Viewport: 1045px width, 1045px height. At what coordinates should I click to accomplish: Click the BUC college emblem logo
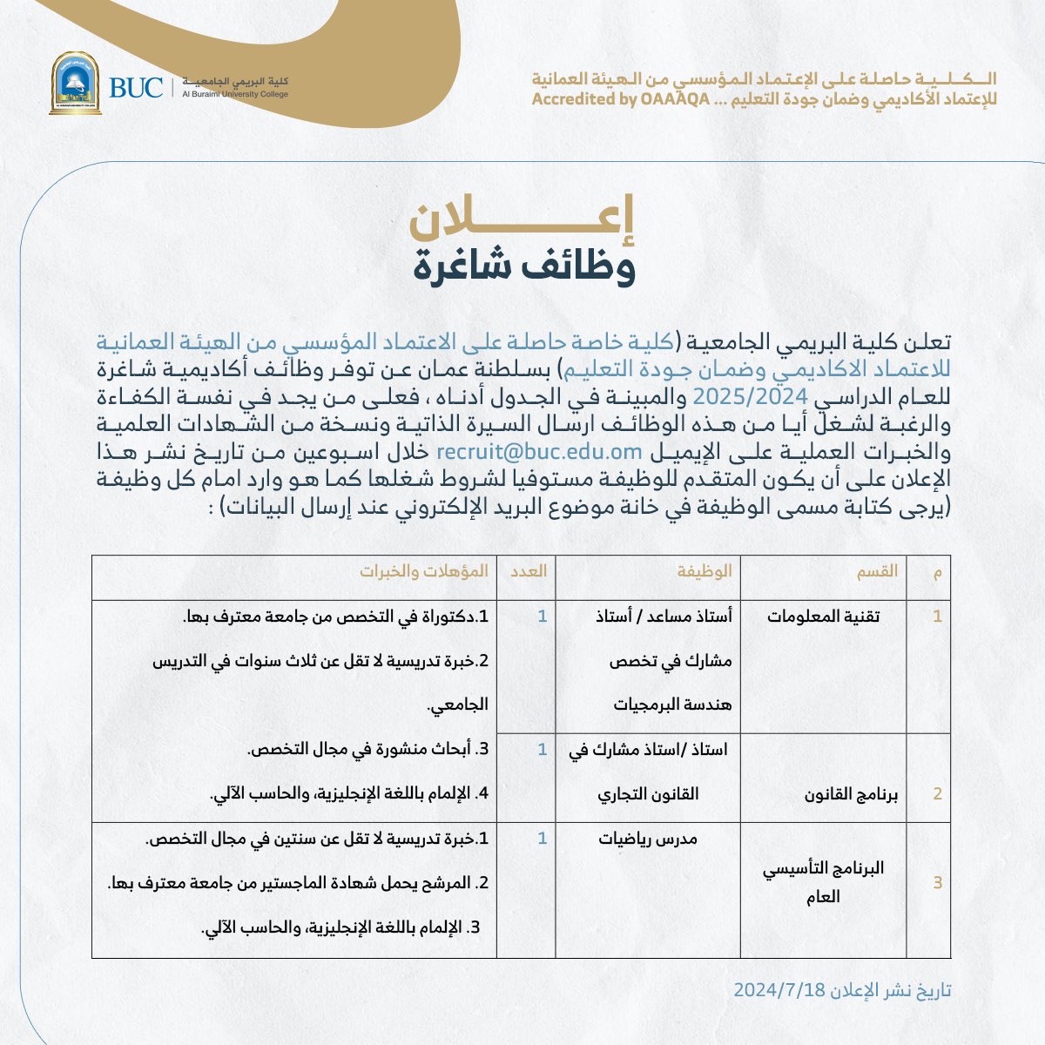click(75, 84)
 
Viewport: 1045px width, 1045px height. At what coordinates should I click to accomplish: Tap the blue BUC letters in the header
click(136, 88)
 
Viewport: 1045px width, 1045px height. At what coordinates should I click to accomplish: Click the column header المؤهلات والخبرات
click(425, 571)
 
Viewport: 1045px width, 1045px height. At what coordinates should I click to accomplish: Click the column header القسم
click(879, 571)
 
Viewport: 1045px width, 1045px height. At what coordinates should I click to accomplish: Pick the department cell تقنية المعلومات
click(823, 617)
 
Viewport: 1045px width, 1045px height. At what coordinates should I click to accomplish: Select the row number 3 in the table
click(938, 883)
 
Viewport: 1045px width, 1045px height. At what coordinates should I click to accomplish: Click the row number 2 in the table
click(938, 794)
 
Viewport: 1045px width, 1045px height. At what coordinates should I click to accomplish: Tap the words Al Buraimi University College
click(234, 94)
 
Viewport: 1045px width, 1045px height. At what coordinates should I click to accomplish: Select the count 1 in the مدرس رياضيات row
click(543, 839)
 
